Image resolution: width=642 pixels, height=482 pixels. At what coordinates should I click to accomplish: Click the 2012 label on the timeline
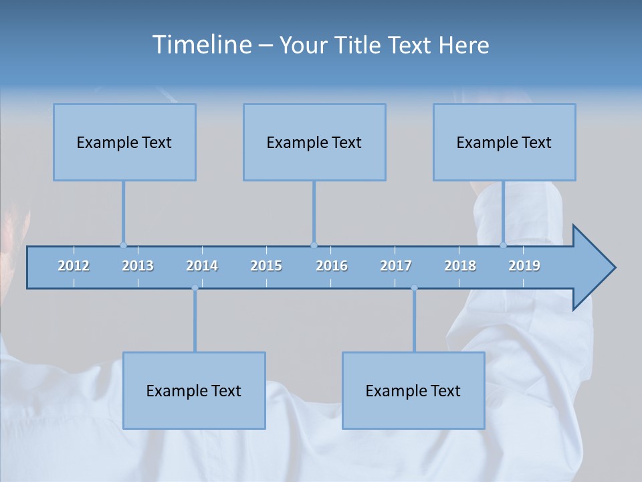[74, 266]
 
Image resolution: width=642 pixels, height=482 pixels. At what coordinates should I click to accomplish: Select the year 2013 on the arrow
[138, 266]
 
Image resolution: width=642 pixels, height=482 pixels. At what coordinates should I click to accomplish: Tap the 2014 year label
[202, 266]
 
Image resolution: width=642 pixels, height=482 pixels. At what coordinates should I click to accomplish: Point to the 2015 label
[266, 266]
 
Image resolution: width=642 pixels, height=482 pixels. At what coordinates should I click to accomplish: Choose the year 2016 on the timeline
[332, 266]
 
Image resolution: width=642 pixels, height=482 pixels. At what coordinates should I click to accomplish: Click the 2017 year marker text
[396, 266]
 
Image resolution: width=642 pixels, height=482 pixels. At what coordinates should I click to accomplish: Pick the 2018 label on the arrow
[460, 266]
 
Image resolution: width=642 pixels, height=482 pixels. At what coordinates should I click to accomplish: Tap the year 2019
[524, 266]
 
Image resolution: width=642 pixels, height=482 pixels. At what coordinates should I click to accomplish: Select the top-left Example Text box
[124, 142]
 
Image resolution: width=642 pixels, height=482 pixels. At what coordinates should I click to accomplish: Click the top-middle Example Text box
[314, 142]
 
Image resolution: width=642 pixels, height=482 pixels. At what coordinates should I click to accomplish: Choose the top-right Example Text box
[504, 142]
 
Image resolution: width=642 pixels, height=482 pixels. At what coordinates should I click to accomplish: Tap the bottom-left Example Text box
[194, 390]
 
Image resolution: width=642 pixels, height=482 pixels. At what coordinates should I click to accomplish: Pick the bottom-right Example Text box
[413, 390]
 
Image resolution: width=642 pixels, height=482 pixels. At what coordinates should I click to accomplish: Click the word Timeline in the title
[202, 45]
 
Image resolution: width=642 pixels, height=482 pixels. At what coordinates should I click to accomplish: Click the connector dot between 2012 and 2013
[123, 245]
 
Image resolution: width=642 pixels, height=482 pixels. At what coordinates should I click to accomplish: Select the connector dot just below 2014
[195, 288]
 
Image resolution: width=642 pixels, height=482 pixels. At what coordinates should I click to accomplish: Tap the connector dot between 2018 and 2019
[504, 245]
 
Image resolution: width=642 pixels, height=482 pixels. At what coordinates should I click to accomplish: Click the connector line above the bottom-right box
[414, 321]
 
